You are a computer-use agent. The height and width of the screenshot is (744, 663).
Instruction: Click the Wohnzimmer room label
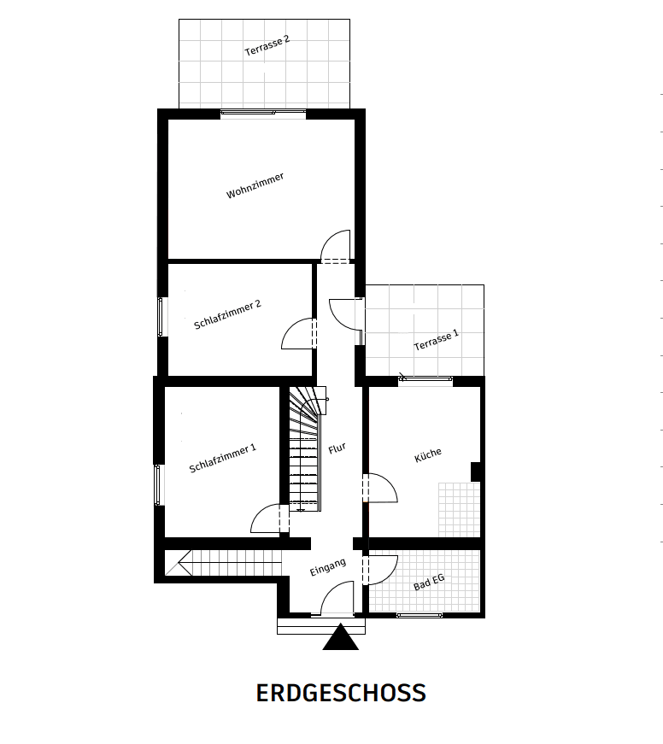(255, 185)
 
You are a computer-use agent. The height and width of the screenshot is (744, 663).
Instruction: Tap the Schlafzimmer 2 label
(227, 313)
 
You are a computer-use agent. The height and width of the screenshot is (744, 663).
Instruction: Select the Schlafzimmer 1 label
(222, 458)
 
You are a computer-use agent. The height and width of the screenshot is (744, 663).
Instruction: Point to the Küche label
(427, 454)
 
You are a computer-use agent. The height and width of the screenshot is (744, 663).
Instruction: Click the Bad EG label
(429, 582)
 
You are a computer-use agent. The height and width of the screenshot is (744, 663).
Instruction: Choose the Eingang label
(327, 567)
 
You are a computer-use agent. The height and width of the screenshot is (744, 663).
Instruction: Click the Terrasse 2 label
(267, 46)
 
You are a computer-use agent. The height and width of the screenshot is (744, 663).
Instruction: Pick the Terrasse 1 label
(436, 340)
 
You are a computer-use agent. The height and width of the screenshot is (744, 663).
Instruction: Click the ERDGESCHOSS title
(341, 693)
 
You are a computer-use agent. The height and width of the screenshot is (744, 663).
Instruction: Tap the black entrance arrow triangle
(340, 639)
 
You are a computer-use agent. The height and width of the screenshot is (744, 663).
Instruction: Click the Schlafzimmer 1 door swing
(268, 518)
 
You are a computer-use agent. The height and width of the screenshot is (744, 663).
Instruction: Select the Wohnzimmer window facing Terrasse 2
(262, 113)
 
